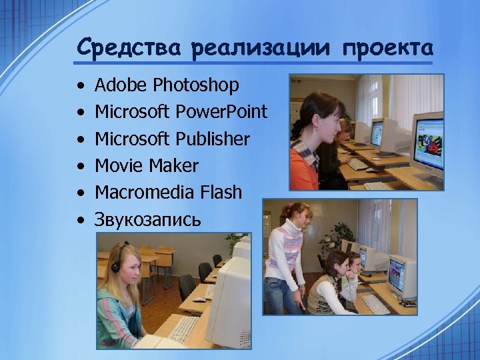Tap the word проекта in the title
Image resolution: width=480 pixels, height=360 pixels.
pos(387,49)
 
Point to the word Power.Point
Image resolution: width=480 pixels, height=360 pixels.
pos(221,112)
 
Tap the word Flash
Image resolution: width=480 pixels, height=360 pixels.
pos(221,192)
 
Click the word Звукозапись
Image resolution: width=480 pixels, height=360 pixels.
pos(147,219)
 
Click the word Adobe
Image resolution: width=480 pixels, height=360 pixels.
pos(121,85)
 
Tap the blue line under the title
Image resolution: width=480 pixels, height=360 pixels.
pos(253,63)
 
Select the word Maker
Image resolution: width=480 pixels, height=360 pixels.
pos(174,165)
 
